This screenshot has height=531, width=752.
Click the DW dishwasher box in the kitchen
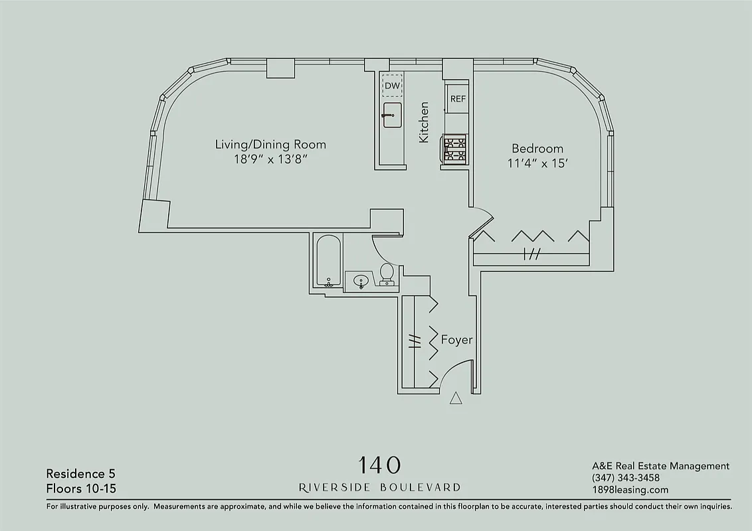(392, 86)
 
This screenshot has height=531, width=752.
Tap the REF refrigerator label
(458, 99)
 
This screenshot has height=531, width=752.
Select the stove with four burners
(455, 148)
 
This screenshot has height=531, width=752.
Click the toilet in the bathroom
(387, 273)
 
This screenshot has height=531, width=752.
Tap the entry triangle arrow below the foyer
(456, 398)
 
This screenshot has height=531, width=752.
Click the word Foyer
(457, 340)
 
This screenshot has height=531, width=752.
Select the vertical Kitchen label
(424, 122)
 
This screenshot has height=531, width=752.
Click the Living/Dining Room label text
(270, 144)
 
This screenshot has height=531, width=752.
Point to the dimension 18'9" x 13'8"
(270, 159)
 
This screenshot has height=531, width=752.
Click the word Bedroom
(537, 149)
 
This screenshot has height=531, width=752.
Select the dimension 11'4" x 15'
(537, 163)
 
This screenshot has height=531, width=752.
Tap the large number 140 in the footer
(379, 464)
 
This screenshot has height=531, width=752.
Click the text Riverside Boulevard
(379, 487)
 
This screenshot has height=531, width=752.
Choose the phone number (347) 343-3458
(625, 478)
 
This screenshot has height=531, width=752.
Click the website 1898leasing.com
(629, 490)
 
